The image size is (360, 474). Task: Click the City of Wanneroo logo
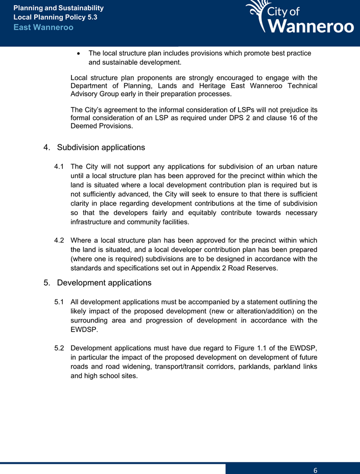pos(300,18)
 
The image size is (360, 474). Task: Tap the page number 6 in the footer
pos(316,469)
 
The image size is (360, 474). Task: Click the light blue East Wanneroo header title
pos(43,27)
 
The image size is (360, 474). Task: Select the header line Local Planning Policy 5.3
pos(55,17)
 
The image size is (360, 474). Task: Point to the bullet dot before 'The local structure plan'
pos(77,53)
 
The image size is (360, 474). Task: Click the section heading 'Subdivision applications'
pos(101,147)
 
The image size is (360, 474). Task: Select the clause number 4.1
pos(59,167)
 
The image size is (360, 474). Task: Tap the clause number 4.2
pos(59,240)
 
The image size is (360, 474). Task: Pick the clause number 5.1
pos(59,303)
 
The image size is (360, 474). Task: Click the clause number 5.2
pos(59,348)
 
